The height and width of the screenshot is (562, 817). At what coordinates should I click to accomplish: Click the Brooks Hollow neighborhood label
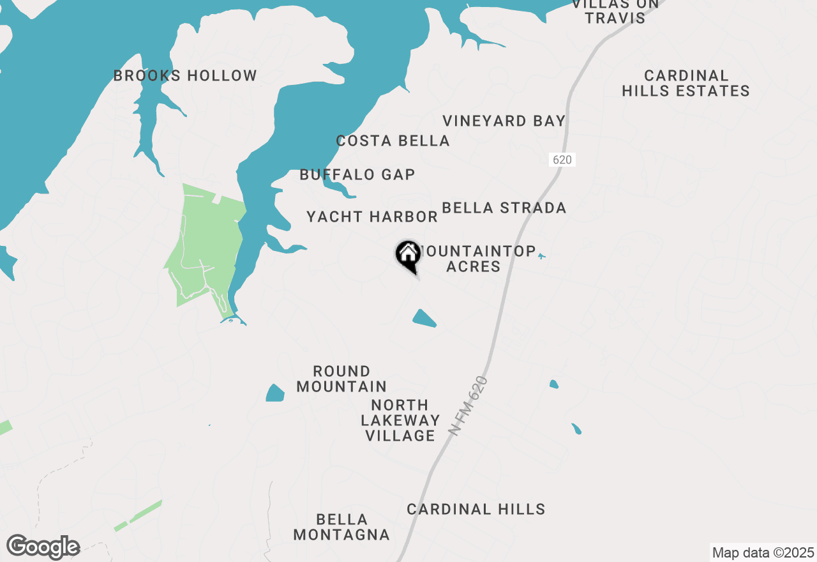[185, 76]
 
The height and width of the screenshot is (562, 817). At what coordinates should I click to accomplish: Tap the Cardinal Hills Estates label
[686, 84]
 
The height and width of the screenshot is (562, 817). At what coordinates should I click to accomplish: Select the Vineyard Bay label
[504, 121]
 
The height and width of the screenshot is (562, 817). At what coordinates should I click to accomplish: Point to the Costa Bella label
[393, 141]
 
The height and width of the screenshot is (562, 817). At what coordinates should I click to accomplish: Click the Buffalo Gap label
[357, 174]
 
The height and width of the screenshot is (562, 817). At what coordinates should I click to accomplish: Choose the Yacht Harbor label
[372, 217]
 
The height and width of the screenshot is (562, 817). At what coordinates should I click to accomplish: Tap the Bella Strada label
[504, 208]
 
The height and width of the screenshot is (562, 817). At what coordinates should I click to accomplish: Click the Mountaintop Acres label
[476, 259]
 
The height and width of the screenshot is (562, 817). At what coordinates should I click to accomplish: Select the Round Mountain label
[341, 379]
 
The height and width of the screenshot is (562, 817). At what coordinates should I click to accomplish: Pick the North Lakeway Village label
[400, 420]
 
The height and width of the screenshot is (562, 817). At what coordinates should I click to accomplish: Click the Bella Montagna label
[341, 527]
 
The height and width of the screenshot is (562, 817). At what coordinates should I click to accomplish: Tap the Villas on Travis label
[615, 11]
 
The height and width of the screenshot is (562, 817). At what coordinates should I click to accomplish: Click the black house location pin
[408, 255]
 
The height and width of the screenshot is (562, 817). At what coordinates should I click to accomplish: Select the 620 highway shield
[562, 160]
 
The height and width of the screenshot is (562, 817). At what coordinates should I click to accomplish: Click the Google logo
[43, 547]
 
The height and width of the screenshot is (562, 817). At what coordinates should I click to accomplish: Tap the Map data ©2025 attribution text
[763, 552]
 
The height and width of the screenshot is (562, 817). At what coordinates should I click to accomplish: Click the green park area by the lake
[203, 249]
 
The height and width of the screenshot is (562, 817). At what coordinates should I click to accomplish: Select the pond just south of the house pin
[424, 318]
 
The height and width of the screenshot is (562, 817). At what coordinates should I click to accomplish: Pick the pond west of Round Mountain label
[275, 393]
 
